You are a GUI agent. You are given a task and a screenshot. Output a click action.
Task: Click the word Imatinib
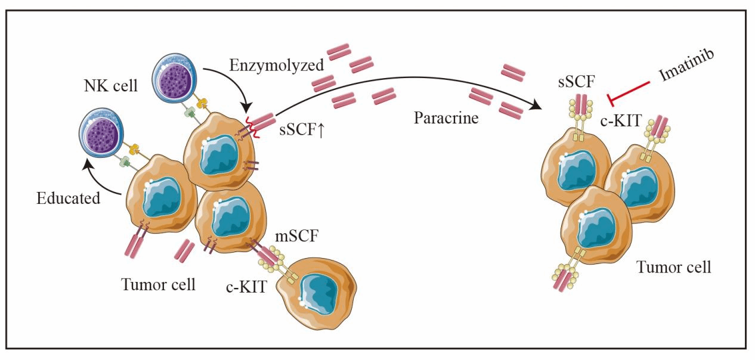(688, 67)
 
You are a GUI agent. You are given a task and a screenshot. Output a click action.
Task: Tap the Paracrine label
(445, 117)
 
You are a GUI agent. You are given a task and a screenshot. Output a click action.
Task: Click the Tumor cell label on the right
(674, 266)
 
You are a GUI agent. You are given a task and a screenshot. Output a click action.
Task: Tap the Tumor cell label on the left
(158, 285)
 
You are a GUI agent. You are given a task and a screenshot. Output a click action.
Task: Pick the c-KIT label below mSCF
(245, 288)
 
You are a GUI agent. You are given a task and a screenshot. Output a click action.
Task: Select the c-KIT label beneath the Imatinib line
(621, 121)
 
